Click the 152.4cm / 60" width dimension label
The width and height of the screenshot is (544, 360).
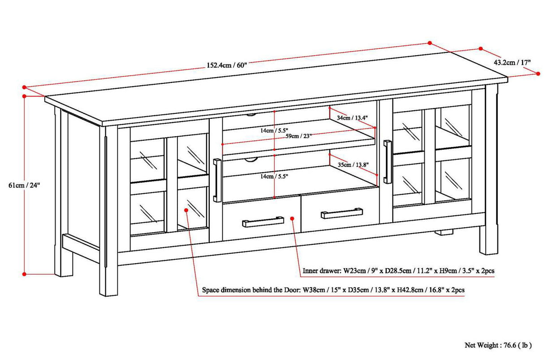(x=226, y=65)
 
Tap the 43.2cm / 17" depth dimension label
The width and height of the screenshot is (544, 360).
(x=512, y=62)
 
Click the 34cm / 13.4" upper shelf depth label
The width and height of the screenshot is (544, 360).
(x=353, y=118)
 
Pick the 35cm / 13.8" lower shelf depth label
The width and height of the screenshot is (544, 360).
(x=353, y=165)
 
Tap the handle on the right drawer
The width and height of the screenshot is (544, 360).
(x=342, y=213)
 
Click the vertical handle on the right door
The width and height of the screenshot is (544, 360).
(x=388, y=162)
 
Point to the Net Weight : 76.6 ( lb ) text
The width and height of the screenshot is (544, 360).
(x=498, y=345)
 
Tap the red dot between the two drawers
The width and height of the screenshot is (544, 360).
(x=292, y=218)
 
